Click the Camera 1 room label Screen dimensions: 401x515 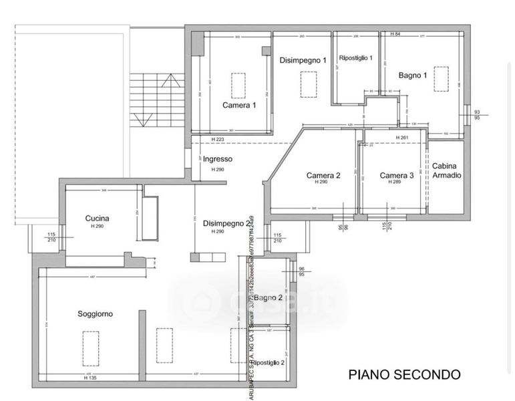239,106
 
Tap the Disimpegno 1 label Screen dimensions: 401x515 303,60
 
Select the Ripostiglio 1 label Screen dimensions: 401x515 356,58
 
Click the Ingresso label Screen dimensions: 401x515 218,159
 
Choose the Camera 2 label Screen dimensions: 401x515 323,176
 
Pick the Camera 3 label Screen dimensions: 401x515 397,176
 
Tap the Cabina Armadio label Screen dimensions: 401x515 447,170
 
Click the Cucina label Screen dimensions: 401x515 98,219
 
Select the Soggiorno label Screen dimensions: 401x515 95,313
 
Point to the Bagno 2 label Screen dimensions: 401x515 269,298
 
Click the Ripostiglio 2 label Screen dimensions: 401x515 269,362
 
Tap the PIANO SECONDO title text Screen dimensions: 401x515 404,374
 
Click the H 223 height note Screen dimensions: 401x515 217,139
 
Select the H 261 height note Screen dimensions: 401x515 402,138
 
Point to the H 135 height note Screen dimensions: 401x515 91,378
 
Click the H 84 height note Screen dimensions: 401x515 395,34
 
